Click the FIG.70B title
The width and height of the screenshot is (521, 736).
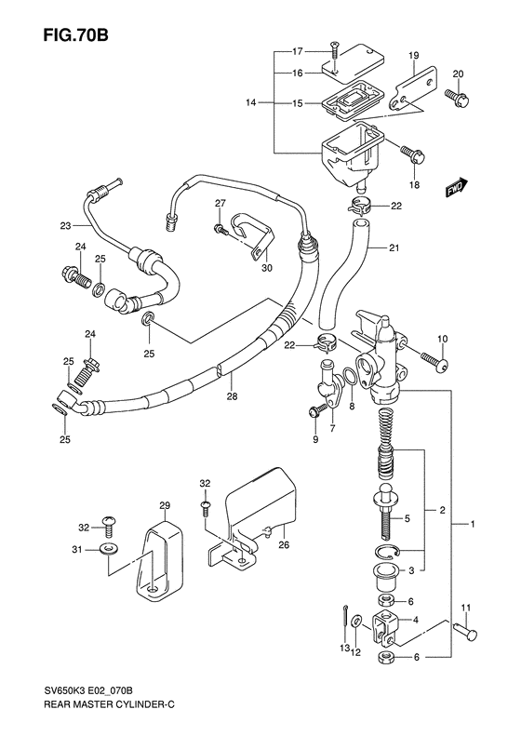click(x=75, y=34)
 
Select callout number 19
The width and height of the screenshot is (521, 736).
click(x=413, y=56)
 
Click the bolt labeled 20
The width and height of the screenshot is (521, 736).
click(x=458, y=96)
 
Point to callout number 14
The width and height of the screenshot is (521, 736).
click(x=251, y=102)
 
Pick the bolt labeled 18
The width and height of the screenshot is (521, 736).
click(x=413, y=154)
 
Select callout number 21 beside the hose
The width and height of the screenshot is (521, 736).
click(x=394, y=247)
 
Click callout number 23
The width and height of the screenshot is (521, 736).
click(x=65, y=226)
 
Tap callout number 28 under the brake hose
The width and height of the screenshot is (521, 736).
click(x=232, y=396)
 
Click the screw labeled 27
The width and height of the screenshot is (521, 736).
click(x=220, y=230)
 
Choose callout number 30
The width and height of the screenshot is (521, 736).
click(x=267, y=268)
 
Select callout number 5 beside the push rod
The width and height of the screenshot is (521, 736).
click(x=407, y=518)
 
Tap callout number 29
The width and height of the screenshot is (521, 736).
click(x=165, y=505)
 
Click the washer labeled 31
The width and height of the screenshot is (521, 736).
click(x=110, y=548)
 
